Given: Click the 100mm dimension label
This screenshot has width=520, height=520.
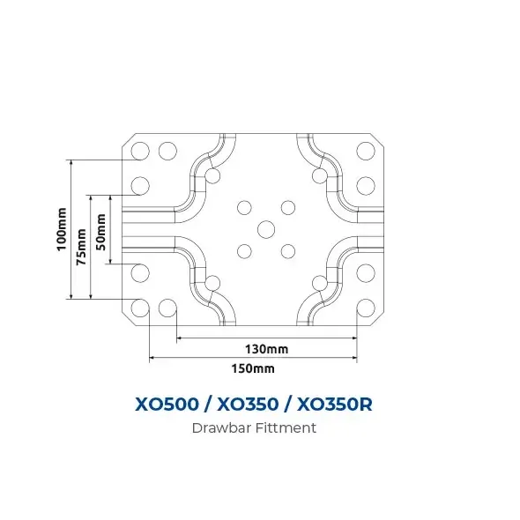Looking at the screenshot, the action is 62,229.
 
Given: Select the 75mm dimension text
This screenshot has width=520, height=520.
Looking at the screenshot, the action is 81,247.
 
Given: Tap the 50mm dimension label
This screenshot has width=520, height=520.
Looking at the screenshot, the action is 100,232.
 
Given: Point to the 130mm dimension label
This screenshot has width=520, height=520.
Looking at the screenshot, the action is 267,349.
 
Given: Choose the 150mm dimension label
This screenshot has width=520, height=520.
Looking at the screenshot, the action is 253,368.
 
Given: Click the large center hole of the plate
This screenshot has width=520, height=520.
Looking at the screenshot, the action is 266,229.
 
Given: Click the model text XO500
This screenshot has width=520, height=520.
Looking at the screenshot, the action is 167,405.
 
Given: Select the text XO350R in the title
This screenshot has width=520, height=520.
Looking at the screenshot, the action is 334,405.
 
